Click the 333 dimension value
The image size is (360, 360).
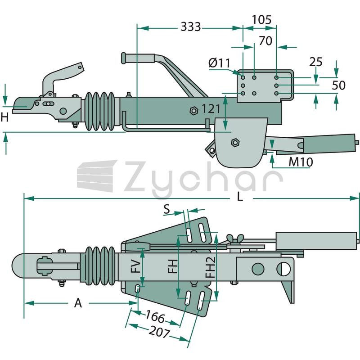(190, 27)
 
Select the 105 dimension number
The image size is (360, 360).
(261, 20)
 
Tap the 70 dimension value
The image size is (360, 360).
(265, 40)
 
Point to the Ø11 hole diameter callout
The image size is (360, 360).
(219, 63)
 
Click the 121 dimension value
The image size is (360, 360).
(211, 109)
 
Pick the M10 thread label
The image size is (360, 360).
(301, 162)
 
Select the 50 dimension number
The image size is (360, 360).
(339, 85)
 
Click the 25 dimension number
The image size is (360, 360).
(316, 62)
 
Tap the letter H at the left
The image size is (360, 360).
(4, 117)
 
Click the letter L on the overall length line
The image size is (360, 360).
(240, 197)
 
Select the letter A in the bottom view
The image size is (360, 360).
(78, 303)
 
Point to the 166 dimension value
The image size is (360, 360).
(155, 317)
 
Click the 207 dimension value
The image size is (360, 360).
(160, 332)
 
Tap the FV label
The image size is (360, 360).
(135, 266)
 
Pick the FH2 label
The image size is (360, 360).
(210, 267)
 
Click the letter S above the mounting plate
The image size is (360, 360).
(166, 209)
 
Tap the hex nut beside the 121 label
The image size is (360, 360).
(194, 111)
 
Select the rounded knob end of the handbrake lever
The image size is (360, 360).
(123, 58)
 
